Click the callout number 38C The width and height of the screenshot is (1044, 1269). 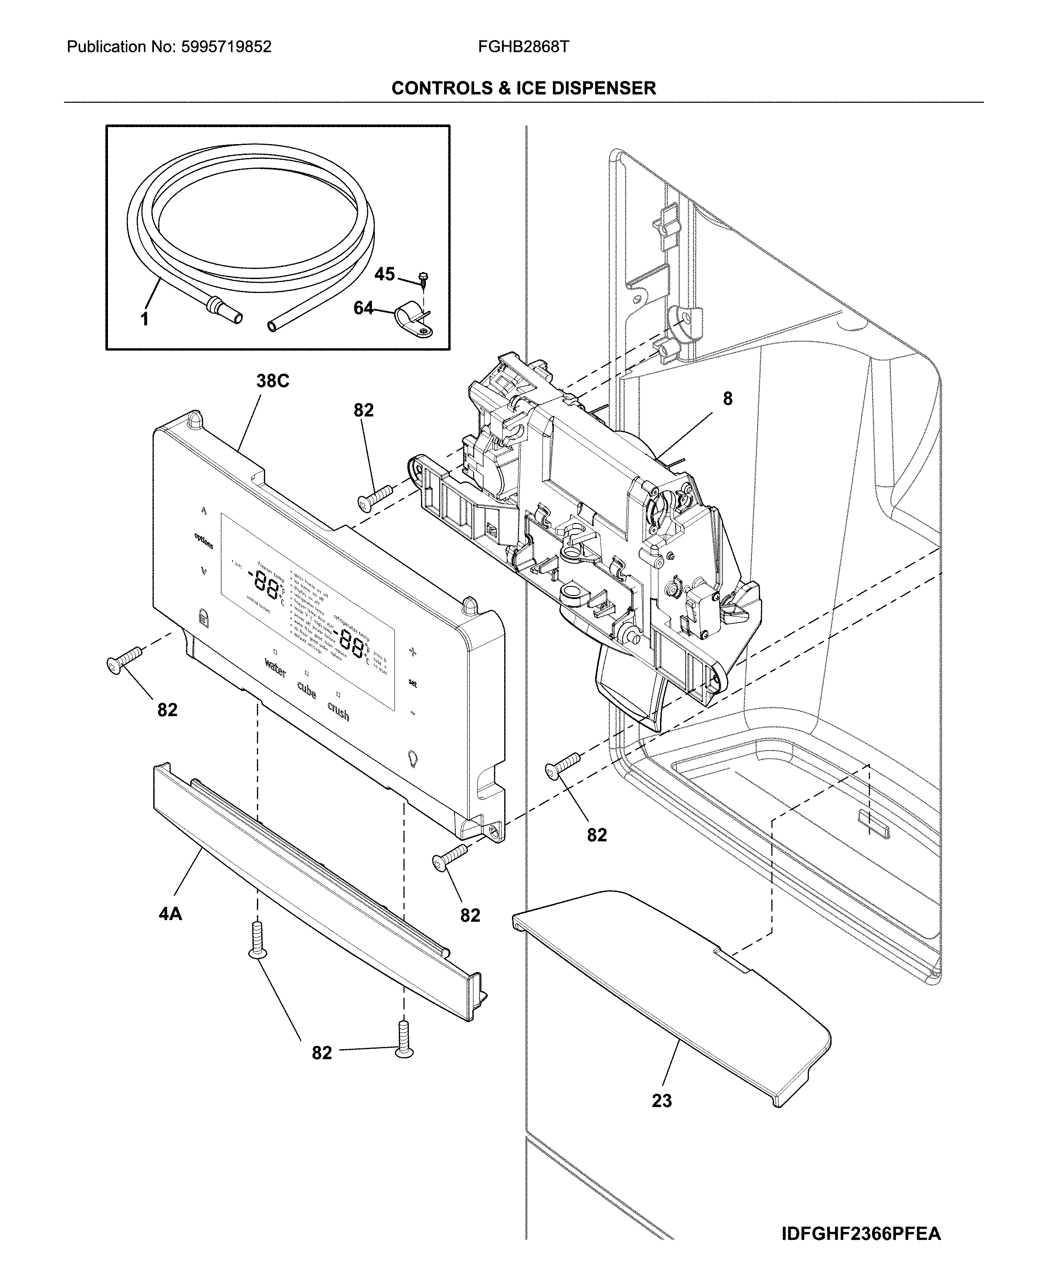pyautogui.click(x=273, y=380)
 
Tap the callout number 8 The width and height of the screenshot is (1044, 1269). pyautogui.click(x=727, y=398)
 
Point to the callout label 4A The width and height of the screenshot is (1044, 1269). pyautogui.click(x=170, y=914)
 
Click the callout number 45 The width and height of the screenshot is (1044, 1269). pyautogui.click(x=384, y=274)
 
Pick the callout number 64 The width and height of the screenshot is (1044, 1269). pyautogui.click(x=363, y=308)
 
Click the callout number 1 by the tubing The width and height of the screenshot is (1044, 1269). pyautogui.click(x=145, y=320)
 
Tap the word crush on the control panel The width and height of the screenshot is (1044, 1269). pyautogui.click(x=338, y=711)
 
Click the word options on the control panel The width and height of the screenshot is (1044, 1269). pyautogui.click(x=203, y=541)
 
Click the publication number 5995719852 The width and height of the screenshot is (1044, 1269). pyautogui.click(x=227, y=47)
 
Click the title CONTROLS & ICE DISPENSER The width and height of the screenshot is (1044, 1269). pyautogui.click(x=523, y=88)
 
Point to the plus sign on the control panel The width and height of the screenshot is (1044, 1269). pyautogui.click(x=413, y=651)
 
